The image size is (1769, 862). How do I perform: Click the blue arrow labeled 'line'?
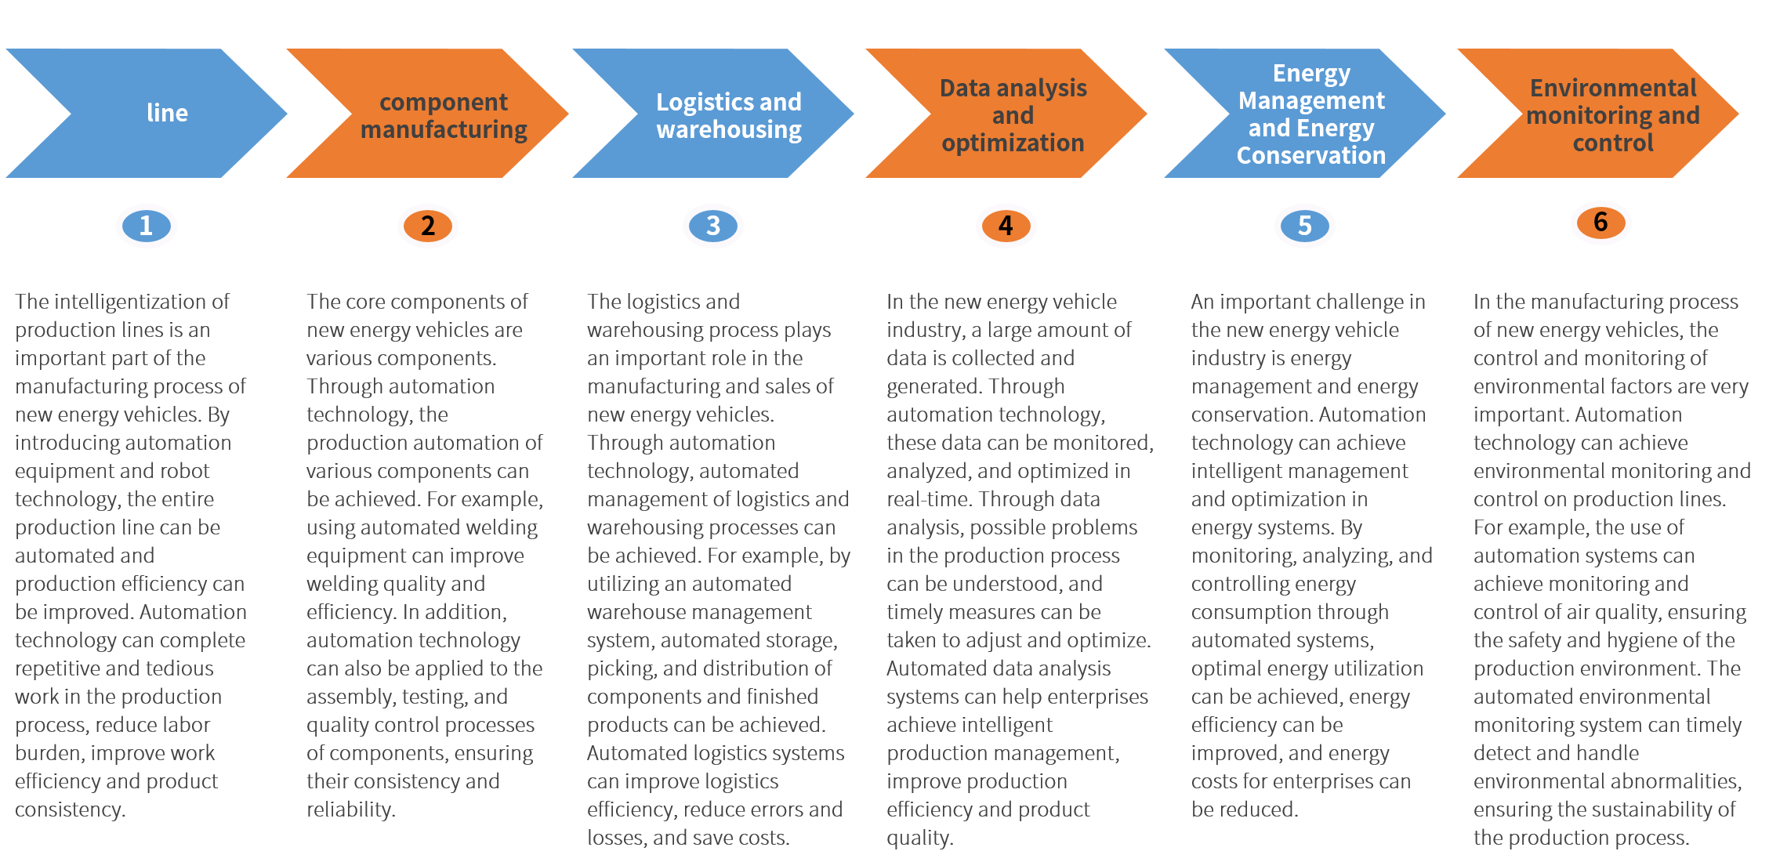166,114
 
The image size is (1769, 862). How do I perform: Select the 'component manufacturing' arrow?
443,115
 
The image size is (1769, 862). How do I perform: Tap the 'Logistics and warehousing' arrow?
728,115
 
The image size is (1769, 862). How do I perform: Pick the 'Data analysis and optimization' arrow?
1013,115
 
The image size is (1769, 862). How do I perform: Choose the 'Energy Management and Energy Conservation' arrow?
1310,114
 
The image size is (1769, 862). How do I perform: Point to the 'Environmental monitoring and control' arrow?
1612,115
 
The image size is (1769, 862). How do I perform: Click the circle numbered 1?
146,226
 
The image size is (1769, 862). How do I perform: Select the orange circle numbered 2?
427,226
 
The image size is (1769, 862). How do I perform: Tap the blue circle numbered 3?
712,226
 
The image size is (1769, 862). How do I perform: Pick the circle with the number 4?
1006,226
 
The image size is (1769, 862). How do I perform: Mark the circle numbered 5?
1304,226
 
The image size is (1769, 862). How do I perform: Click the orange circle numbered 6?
1600,223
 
